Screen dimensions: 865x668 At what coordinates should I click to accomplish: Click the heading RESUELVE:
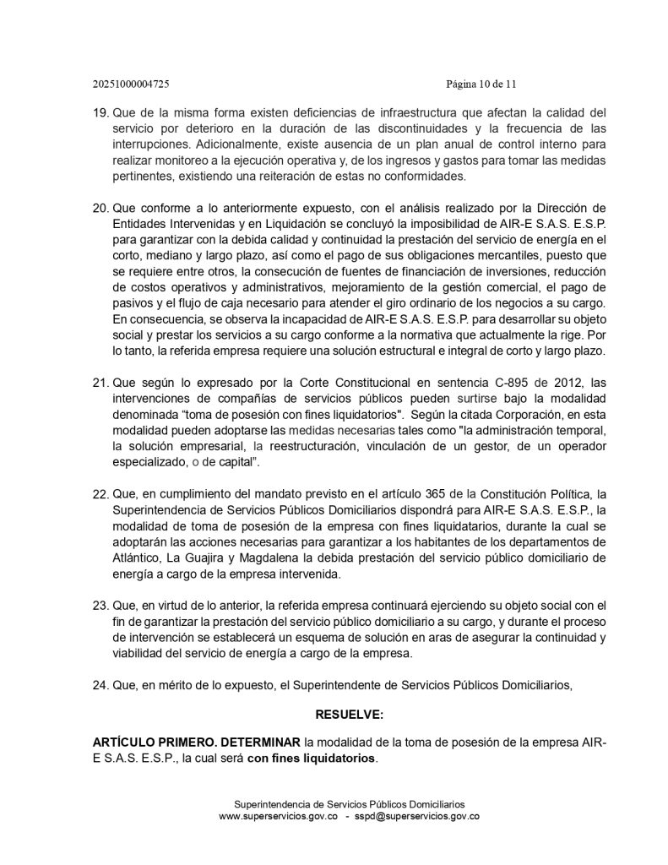[349, 715]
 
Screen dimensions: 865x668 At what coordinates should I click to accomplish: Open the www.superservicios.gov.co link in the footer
[279, 817]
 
